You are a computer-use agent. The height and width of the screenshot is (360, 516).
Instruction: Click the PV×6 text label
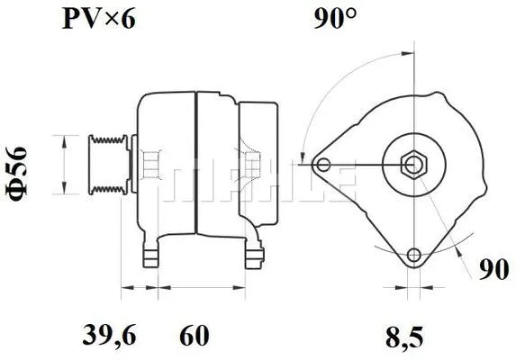click(x=98, y=19)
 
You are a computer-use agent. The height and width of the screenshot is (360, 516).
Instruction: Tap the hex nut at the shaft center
click(x=413, y=164)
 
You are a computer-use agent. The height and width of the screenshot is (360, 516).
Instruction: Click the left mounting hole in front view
click(x=324, y=164)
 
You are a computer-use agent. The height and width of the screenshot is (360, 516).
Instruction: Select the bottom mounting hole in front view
click(x=413, y=254)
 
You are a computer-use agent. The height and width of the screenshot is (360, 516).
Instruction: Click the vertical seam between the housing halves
click(x=195, y=162)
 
